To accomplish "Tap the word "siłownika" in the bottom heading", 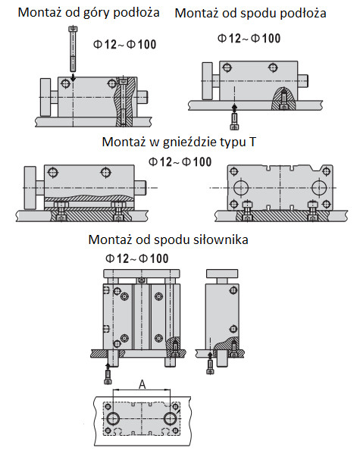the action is click(x=221, y=239).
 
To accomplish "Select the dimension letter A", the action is click(x=142, y=384).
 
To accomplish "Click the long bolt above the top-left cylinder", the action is click(x=73, y=49).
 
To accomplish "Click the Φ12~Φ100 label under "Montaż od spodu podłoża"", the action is click(x=249, y=39).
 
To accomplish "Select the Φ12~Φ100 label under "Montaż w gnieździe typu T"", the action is click(x=180, y=162).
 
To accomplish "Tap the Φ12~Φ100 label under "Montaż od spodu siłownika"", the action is click(x=136, y=258).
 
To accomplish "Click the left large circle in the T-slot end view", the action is click(x=241, y=187).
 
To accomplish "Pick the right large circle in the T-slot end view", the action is click(x=319, y=187).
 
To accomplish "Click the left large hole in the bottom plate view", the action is click(x=113, y=419).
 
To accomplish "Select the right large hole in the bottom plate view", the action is click(x=171, y=419).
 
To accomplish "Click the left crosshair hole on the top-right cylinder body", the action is click(x=227, y=68).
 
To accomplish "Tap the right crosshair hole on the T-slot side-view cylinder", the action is click(x=105, y=172).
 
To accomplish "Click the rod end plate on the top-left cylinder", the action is click(x=45, y=97).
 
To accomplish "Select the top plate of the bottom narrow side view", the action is click(x=222, y=274).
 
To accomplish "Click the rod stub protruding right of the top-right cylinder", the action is click(x=303, y=81).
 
